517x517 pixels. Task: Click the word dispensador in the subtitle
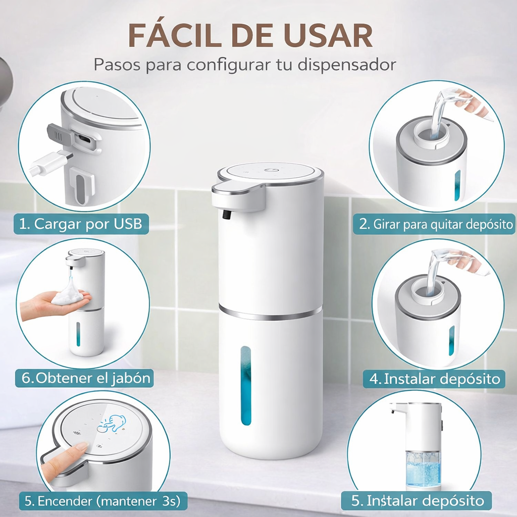click(346, 65)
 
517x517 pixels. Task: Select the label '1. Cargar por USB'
click(81, 224)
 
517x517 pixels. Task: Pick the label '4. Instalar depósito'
click(435, 379)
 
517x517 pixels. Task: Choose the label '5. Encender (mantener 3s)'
click(102, 501)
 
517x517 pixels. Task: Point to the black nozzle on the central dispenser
click(227, 215)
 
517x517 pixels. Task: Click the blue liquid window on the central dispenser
click(246, 385)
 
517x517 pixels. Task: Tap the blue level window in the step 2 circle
click(457, 186)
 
